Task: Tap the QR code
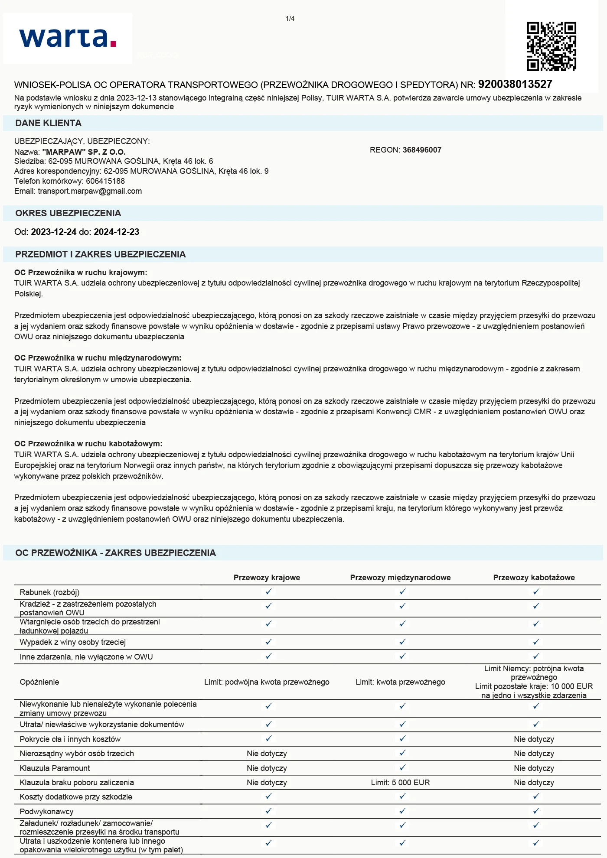click(x=552, y=46)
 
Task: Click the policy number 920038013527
click(x=515, y=84)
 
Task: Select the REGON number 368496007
click(x=422, y=150)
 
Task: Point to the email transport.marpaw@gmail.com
click(x=90, y=191)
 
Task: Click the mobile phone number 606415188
click(x=105, y=181)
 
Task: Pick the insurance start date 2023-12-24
click(x=54, y=232)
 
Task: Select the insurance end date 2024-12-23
click(x=117, y=232)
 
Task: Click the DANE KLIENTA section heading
click(x=49, y=123)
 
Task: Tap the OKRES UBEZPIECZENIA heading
click(x=68, y=213)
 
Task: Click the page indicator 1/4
click(x=290, y=19)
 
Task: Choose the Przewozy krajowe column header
click(x=267, y=578)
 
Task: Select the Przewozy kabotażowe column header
click(x=534, y=578)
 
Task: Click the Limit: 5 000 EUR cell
click(x=400, y=783)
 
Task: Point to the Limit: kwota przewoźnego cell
click(x=400, y=682)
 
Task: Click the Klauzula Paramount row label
click(x=55, y=768)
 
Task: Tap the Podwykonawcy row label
click(x=46, y=811)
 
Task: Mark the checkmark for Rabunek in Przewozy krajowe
click(x=268, y=592)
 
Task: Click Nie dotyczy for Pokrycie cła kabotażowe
click(x=534, y=739)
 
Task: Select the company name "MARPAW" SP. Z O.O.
click(x=84, y=152)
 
